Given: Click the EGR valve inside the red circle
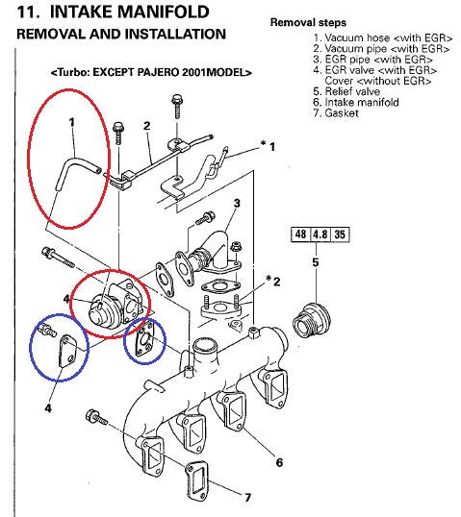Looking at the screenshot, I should tap(109, 307).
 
